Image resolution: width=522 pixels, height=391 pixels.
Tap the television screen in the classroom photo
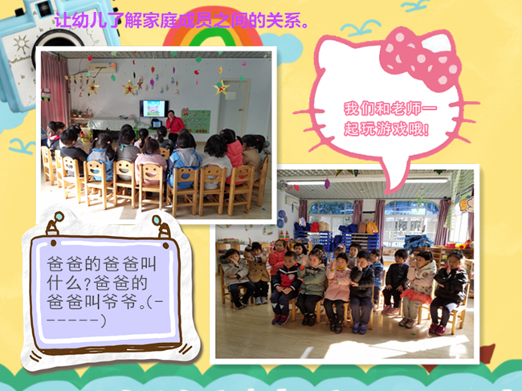154,108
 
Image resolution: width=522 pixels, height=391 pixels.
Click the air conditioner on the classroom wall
102,68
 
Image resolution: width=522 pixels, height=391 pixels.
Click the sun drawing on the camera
22,44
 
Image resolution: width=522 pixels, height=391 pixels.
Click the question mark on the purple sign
87,283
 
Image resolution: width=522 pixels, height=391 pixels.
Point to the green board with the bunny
196,120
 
